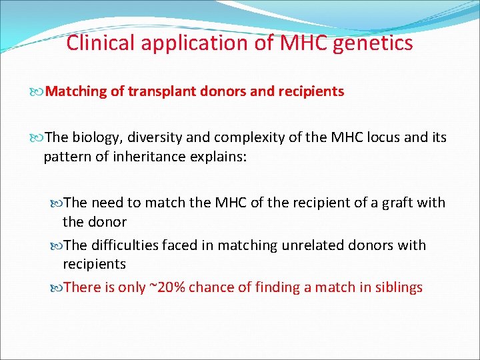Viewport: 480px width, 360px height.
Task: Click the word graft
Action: click(389, 203)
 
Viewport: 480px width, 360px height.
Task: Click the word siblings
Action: click(397, 288)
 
